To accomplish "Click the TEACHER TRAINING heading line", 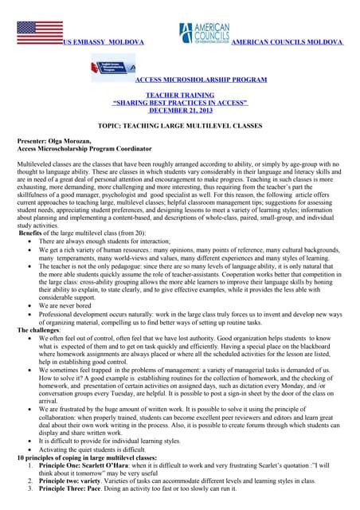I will click(x=180, y=95).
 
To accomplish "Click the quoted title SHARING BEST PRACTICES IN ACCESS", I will click(x=181, y=103).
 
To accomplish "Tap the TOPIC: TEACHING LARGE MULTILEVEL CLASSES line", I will click(x=180, y=127).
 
